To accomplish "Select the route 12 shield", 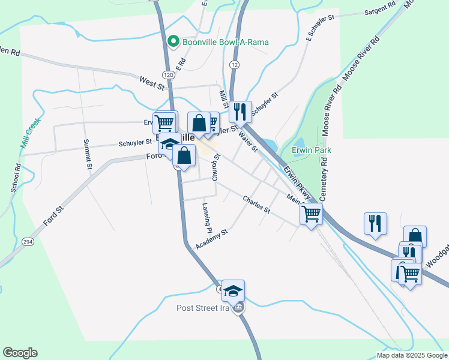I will [x=234, y=64].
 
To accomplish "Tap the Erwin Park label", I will [x=312, y=150].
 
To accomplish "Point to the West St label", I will [x=152, y=82].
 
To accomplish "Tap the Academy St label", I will [x=212, y=239].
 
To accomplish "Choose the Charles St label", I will [x=257, y=205].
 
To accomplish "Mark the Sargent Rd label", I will [x=380, y=8].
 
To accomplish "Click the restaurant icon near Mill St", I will [x=241, y=110].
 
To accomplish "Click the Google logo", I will [x=20, y=353].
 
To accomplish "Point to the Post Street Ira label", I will [x=203, y=308].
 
